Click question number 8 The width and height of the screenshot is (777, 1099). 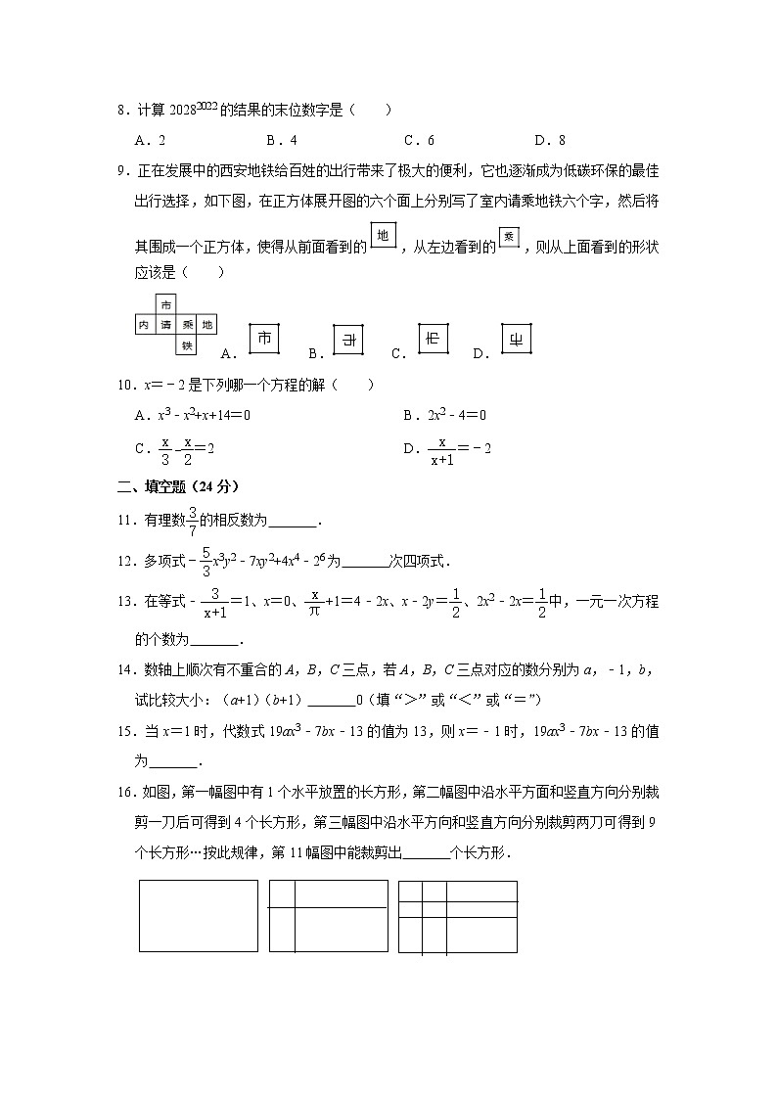coord(121,112)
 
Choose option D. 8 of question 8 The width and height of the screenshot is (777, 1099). coord(550,140)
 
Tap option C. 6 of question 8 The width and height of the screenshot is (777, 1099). coord(419,140)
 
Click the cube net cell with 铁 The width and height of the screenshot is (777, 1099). coord(186,344)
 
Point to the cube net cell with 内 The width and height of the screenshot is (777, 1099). coord(145,324)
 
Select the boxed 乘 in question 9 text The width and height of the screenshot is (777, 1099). coord(508,238)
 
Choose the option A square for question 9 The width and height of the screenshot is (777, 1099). coord(263,339)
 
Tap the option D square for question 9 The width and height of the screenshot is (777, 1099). coord(515,339)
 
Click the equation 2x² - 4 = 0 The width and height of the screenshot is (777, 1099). coord(457,415)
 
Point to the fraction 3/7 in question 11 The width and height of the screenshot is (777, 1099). coord(193,520)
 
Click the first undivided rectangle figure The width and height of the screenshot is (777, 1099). coord(199,916)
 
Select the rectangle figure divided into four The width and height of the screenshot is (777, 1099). coord(328,916)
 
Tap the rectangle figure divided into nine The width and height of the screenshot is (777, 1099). coord(457,916)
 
